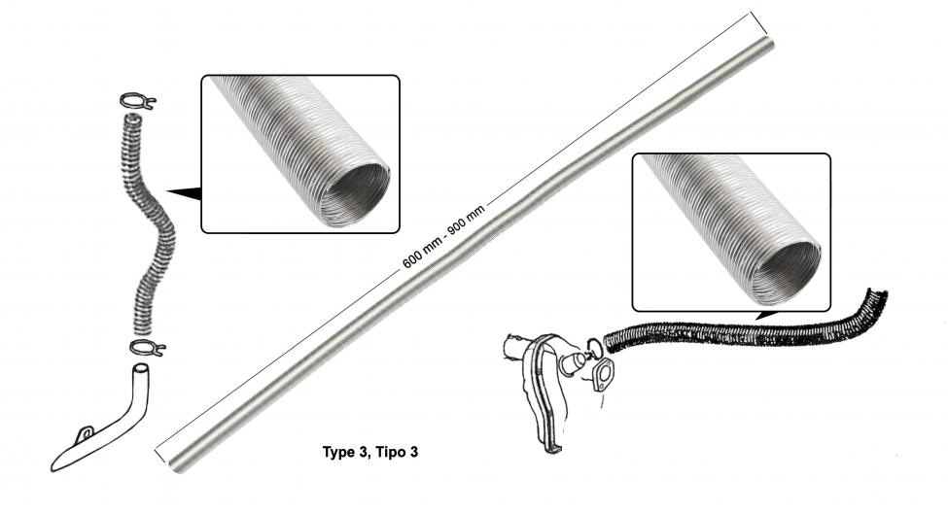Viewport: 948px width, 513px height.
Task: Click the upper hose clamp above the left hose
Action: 138,101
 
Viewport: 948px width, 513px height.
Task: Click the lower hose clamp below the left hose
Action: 148,348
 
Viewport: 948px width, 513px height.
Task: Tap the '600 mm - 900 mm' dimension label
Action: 443,236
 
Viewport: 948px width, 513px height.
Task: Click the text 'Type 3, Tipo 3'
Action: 370,452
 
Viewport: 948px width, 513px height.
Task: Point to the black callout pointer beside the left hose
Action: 186,192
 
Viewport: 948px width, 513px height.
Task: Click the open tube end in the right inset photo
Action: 786,273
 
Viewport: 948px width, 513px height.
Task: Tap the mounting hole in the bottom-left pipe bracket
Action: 87,432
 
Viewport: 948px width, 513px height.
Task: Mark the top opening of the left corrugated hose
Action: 133,119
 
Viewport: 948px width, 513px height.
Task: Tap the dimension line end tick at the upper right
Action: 758,23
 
